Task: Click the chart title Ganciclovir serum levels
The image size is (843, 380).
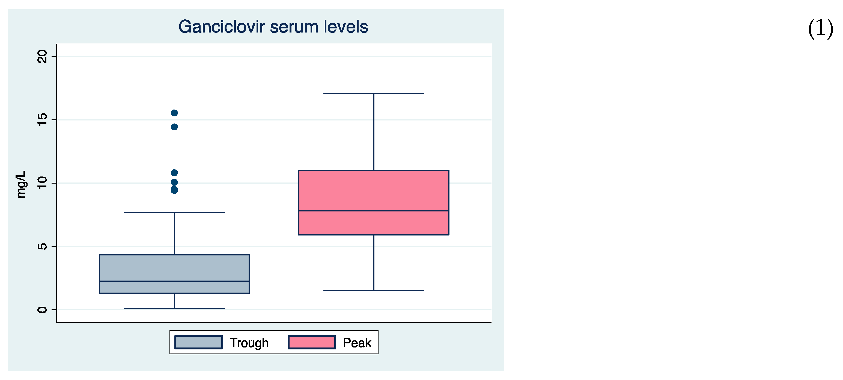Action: (273, 27)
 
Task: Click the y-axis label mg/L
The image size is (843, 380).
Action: (21, 184)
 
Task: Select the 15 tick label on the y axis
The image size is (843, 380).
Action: (43, 120)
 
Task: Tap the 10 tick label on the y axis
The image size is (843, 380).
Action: (43, 183)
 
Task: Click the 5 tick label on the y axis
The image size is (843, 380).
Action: (43, 246)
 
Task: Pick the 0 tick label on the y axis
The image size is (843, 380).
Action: (43, 310)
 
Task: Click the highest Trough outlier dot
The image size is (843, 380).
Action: (174, 113)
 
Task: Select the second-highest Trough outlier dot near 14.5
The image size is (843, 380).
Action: (174, 127)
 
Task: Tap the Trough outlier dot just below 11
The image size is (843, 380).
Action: (174, 173)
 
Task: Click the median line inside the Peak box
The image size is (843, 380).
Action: (373, 211)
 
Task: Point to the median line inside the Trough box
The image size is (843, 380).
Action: (174, 281)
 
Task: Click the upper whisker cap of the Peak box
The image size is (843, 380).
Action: (373, 94)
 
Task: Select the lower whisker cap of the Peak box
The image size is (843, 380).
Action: (373, 291)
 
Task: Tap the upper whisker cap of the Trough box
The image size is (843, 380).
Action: (174, 213)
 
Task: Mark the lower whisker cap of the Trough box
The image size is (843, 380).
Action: (174, 308)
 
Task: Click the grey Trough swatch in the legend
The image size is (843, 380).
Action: (198, 342)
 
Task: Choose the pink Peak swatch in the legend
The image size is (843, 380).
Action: (312, 342)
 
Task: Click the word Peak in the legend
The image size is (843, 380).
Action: (357, 343)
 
